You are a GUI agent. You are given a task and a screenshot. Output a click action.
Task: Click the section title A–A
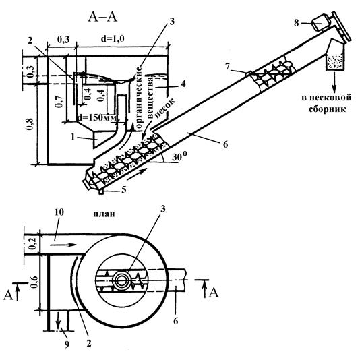click(102, 18)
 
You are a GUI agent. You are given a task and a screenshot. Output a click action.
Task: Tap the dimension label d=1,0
click(113, 38)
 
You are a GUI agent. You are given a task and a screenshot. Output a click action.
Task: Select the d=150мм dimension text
click(96, 117)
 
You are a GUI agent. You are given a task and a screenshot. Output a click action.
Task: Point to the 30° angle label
click(179, 157)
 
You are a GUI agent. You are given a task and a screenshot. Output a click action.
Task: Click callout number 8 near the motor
click(297, 23)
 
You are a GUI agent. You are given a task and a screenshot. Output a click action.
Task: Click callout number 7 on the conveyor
click(228, 67)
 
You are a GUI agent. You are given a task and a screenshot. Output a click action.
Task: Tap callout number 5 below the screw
click(124, 190)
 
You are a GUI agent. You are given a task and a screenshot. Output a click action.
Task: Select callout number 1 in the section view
click(73, 137)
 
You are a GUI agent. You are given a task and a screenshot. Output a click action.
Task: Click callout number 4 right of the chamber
click(183, 84)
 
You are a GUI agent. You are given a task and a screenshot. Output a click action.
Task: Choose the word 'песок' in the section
click(165, 108)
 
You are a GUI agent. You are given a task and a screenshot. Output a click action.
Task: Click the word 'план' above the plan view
click(104, 214)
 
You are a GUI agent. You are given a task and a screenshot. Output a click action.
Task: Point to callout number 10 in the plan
click(59, 212)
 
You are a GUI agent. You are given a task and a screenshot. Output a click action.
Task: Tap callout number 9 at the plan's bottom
click(67, 344)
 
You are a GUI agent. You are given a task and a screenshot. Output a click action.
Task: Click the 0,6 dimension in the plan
click(34, 282)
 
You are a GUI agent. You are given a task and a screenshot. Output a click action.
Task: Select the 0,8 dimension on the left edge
click(30, 124)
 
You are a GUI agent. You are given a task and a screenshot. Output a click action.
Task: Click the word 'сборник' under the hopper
click(328, 109)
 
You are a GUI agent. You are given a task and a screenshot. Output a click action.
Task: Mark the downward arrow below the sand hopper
click(334, 82)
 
